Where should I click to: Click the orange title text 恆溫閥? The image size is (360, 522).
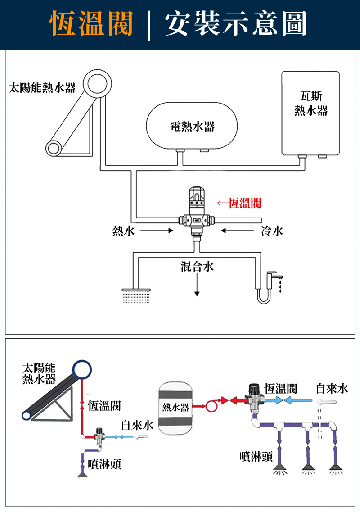pos(92,23)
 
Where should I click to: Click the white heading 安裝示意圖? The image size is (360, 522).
pos(235,23)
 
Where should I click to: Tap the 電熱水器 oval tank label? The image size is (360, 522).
pos(192,127)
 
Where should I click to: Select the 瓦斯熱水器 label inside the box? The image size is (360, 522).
pos(311,103)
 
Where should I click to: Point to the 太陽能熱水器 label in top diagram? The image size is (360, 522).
pos(42,87)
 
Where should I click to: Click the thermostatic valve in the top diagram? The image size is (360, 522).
pos(197,212)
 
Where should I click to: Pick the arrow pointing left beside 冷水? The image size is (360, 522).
pos(237,231)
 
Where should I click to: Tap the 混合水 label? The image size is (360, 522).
pos(197,267)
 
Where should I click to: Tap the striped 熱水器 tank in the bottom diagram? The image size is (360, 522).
pos(175,407)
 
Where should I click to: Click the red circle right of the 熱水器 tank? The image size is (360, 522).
pos(211,406)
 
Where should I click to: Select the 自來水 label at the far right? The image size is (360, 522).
pos(332,388)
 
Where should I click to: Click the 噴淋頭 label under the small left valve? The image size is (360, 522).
pos(104,464)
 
